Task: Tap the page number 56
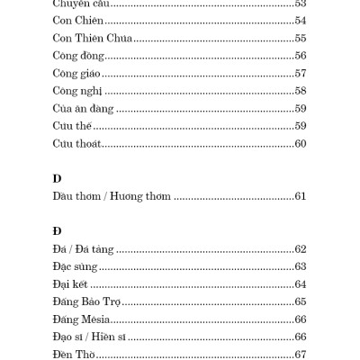click(x=301, y=81)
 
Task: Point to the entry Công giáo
click(x=76, y=99)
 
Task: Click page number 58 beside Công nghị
click(x=301, y=117)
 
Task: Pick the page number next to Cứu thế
click(x=301, y=150)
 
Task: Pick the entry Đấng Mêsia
click(x=82, y=319)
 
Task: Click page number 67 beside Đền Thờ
click(x=301, y=355)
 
